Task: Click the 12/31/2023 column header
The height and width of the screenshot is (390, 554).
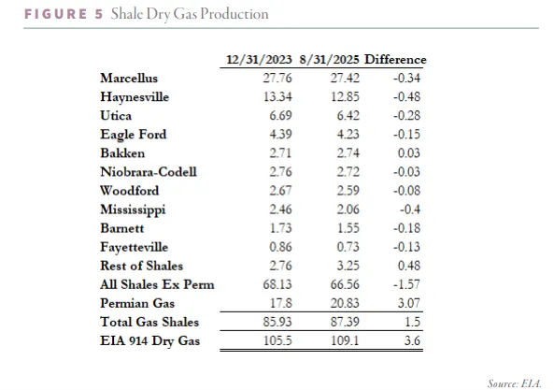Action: [x=259, y=60]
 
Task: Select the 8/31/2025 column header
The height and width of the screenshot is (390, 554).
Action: [x=329, y=60]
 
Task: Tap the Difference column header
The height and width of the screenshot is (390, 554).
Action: [x=395, y=60]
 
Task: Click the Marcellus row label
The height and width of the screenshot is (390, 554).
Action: [x=129, y=79]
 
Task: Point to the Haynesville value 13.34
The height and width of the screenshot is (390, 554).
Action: [x=277, y=97]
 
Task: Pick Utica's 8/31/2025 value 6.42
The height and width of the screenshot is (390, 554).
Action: [x=348, y=116]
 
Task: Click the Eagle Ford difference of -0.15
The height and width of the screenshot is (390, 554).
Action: [x=406, y=135]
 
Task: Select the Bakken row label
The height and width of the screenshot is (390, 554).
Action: [x=122, y=153]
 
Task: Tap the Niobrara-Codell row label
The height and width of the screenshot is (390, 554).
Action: [x=149, y=172]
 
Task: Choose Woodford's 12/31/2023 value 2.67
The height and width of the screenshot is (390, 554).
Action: [x=280, y=191]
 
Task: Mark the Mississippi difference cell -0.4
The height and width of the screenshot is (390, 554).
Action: [x=410, y=209]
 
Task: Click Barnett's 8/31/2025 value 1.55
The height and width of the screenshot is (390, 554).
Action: [x=348, y=228]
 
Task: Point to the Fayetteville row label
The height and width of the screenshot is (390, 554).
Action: [x=134, y=247]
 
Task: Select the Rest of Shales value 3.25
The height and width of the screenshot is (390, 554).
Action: [x=348, y=266]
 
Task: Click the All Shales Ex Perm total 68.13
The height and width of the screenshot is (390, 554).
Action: [x=277, y=284]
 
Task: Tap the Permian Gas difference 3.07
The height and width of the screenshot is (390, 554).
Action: [x=409, y=303]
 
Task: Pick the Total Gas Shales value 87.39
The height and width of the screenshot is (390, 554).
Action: [x=345, y=322]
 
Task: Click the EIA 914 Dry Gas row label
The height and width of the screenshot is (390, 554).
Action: [x=149, y=340]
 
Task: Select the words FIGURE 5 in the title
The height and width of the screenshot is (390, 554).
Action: [x=64, y=14]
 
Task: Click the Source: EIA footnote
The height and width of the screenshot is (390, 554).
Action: [x=515, y=383]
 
